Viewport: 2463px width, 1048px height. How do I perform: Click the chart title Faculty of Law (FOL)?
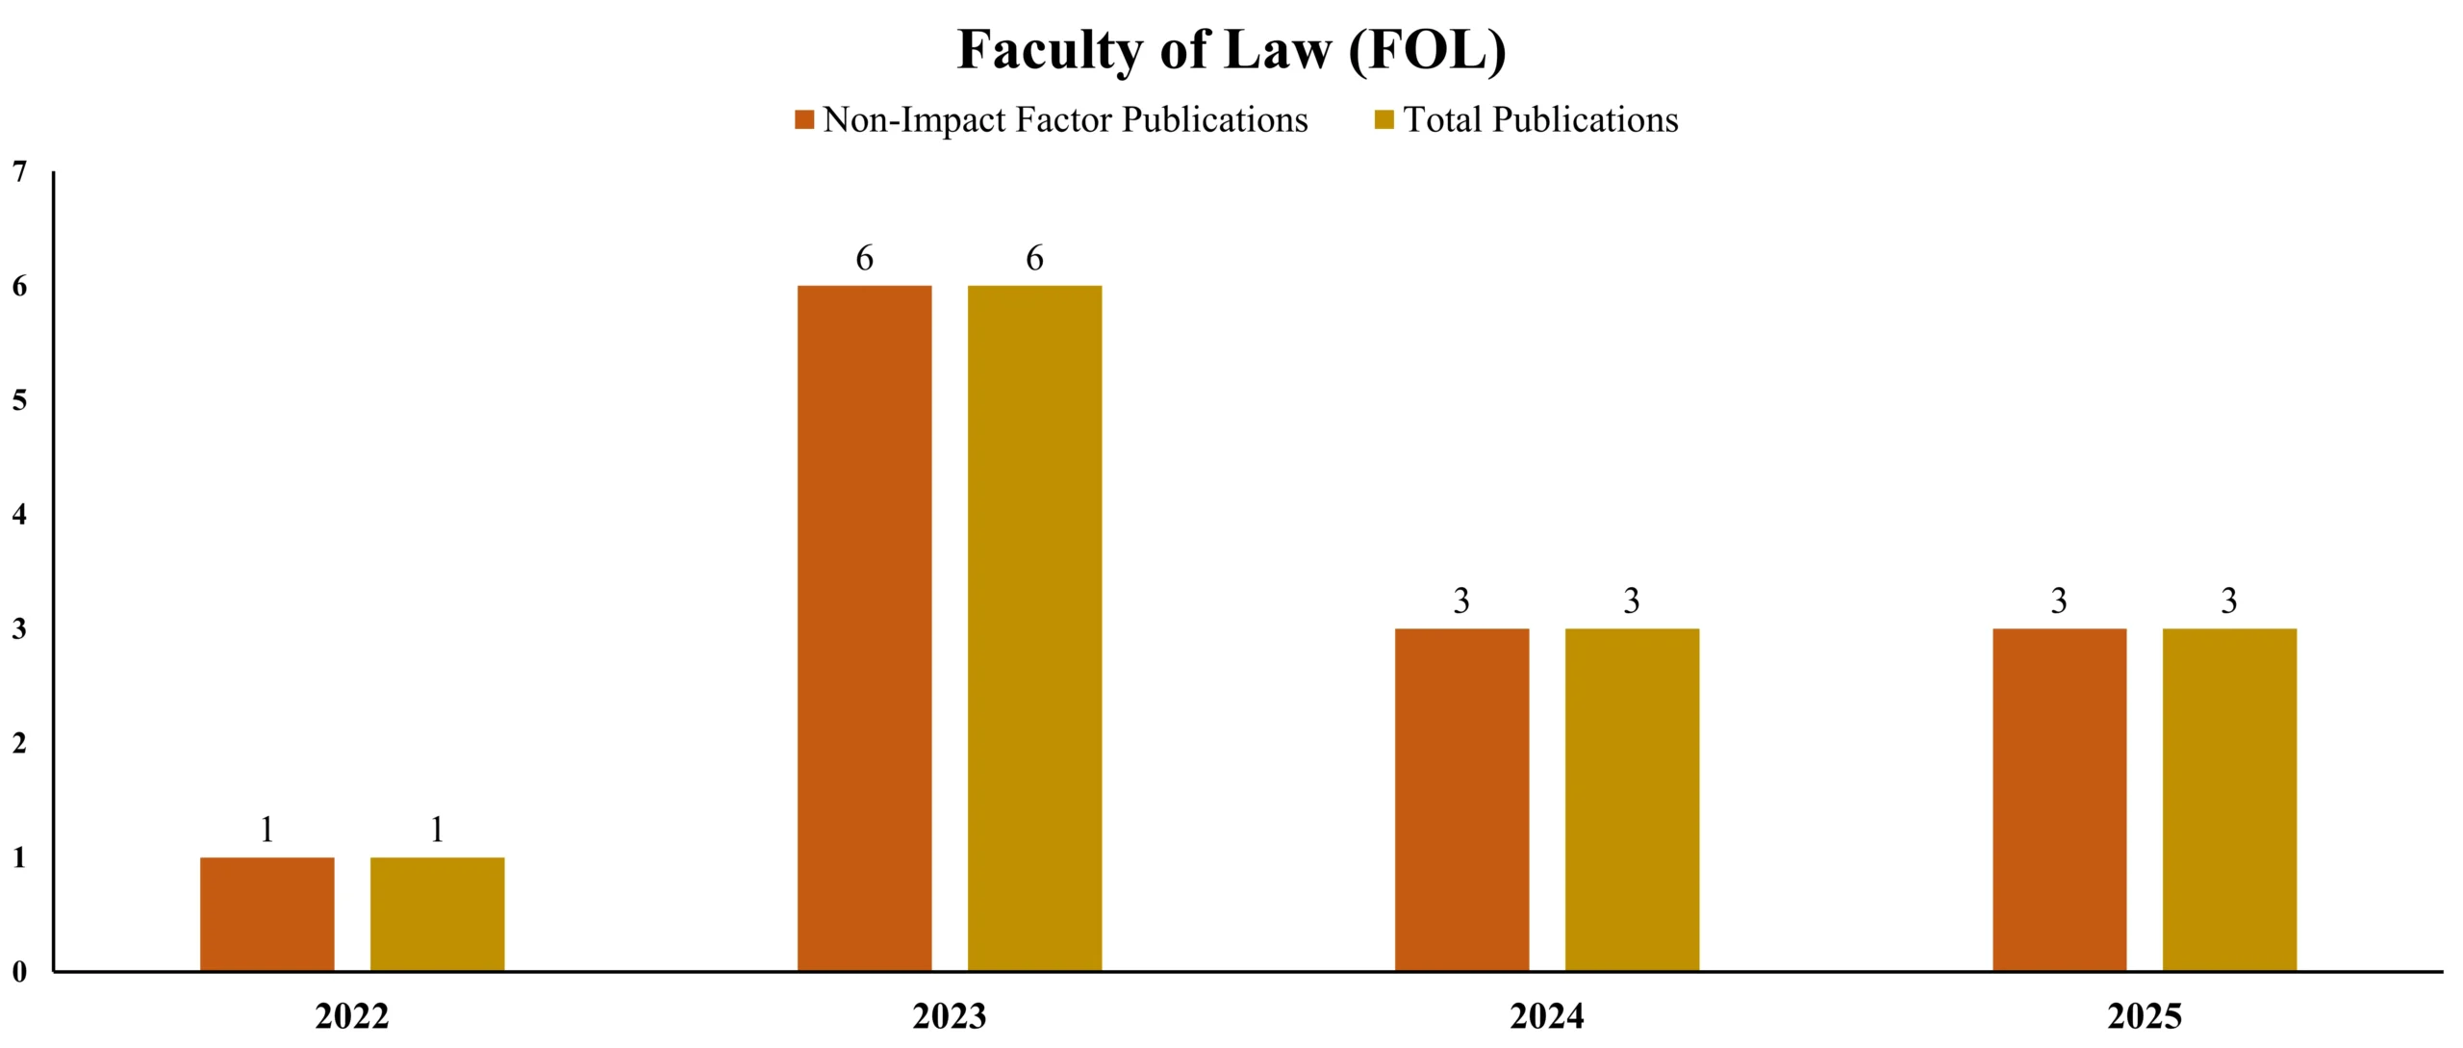[x=1231, y=50]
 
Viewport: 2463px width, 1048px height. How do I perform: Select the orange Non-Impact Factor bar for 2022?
[x=267, y=913]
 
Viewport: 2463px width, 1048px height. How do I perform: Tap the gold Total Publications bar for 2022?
[x=437, y=913]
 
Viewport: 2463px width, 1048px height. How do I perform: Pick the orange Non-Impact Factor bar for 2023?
[x=864, y=627]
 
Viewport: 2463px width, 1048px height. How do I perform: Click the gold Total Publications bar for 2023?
[x=1034, y=627]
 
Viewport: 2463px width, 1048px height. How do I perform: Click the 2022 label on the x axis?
[x=352, y=1016]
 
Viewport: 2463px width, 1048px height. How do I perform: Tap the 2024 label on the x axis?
[x=1547, y=1016]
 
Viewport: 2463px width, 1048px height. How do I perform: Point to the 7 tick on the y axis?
[x=19, y=172]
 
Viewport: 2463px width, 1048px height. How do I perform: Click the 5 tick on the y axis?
[x=19, y=400]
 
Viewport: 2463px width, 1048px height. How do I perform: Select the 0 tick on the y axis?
[x=19, y=972]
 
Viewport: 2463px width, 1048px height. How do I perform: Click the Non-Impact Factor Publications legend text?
[x=1065, y=120]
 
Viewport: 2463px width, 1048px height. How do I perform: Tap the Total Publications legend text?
[x=1540, y=120]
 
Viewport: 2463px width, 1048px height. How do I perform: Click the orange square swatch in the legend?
[x=804, y=120]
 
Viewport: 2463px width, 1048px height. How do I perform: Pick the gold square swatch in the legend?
[x=1384, y=120]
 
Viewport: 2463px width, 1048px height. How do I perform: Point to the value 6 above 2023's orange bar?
[x=864, y=258]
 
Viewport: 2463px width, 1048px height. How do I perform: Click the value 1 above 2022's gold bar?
[x=437, y=830]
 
